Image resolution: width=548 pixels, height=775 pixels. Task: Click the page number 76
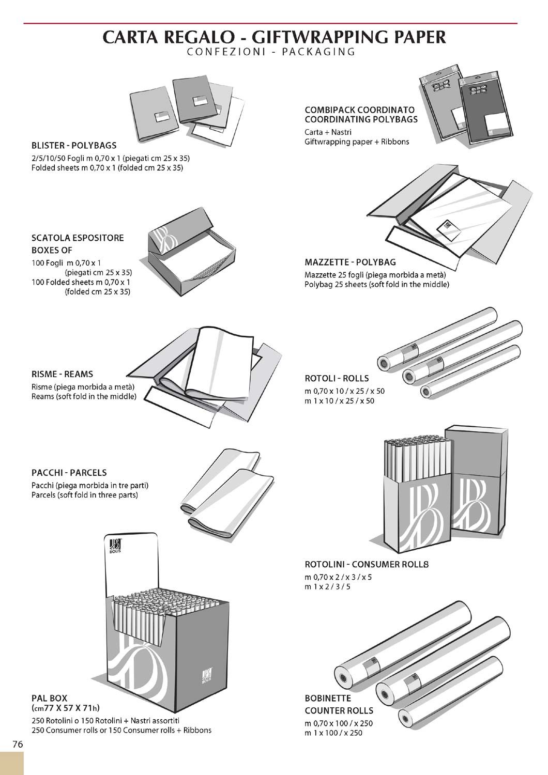(18, 745)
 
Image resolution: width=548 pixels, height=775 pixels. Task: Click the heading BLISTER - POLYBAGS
(74, 146)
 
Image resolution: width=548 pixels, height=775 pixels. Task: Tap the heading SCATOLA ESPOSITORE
(78, 238)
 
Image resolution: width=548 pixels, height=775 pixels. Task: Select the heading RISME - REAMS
(62, 374)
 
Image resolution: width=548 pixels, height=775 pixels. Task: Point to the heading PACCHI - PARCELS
(69, 473)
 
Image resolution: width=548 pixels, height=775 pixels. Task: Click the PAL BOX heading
(50, 698)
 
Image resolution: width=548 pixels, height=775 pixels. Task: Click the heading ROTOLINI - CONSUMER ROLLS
(367, 564)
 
